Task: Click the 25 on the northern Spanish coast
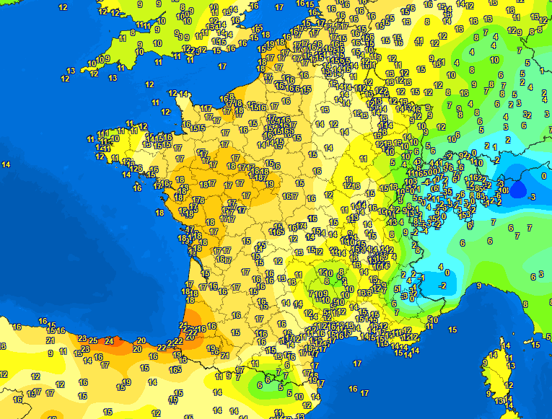coord(93,339)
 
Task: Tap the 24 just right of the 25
coord(109,340)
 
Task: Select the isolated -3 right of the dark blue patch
coord(531,196)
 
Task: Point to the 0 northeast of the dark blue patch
coord(543,175)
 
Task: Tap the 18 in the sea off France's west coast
coord(159,213)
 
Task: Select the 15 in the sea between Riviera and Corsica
coord(452,329)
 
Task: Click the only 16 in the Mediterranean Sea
coord(353,389)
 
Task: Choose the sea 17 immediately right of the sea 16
coord(364,393)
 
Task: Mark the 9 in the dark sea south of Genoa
coord(478,286)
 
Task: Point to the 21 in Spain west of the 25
coord(50,340)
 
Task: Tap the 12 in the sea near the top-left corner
coord(63,7)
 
